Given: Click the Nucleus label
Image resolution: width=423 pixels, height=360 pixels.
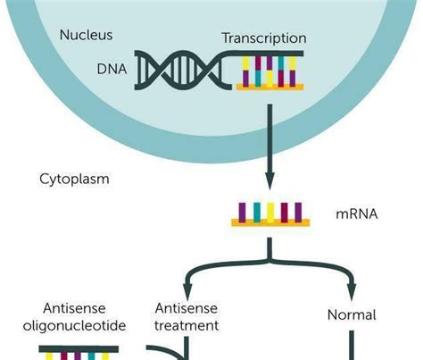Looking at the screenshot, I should click(x=85, y=35).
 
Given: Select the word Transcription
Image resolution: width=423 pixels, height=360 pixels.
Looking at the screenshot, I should click(x=263, y=38).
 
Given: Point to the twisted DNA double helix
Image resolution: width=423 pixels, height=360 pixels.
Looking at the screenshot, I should click(x=182, y=70).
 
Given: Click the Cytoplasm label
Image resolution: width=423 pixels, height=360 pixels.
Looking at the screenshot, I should click(x=74, y=179).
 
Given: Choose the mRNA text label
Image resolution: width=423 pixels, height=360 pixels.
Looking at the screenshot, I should click(x=356, y=214).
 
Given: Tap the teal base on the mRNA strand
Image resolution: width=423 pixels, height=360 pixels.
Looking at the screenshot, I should click(x=256, y=212).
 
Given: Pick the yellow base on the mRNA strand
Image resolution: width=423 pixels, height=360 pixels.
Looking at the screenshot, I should click(x=270, y=212).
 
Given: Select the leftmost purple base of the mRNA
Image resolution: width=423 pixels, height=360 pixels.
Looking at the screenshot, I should click(x=242, y=212).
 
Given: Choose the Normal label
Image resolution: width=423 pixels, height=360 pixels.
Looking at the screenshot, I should click(x=352, y=315).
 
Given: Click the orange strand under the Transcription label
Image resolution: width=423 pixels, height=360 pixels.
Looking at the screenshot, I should click(x=270, y=87).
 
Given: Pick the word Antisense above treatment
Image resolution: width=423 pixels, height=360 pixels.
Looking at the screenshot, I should click(x=187, y=308).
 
